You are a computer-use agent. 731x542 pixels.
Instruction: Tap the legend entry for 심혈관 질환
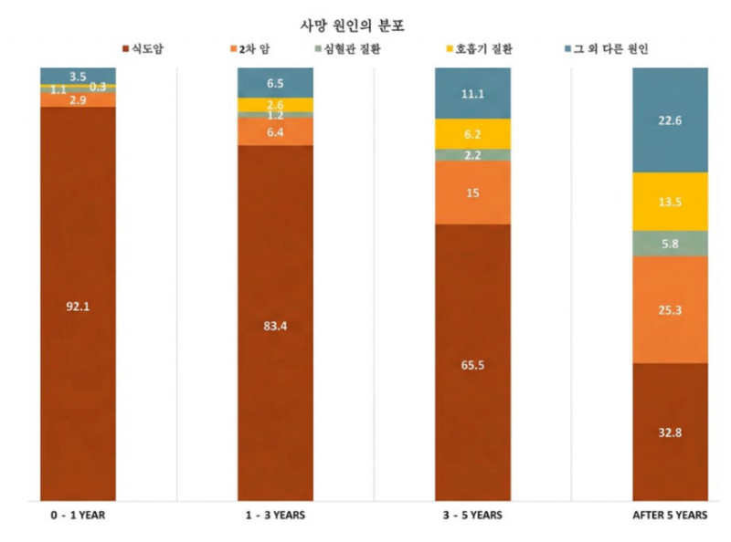tap(348, 47)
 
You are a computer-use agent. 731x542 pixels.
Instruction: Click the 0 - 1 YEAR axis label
tap(79, 516)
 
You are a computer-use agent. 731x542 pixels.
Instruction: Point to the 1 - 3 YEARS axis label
tap(275, 516)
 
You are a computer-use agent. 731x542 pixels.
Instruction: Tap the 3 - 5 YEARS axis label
tap(471, 516)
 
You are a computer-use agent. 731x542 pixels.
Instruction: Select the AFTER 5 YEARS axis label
tap(670, 516)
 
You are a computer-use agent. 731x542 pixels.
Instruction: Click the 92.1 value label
tap(78, 307)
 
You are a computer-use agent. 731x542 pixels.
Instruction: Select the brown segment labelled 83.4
tap(275, 326)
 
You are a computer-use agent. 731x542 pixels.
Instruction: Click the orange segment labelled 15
tap(471, 193)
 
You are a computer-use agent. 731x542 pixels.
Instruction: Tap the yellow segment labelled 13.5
tap(670, 202)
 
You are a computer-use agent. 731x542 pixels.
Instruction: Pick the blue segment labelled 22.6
tap(670, 120)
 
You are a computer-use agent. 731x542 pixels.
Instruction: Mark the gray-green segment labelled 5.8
tap(670, 244)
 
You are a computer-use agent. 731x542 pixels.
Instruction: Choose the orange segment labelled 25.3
tap(670, 309)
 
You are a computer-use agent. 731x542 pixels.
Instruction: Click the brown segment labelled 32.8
tap(670, 433)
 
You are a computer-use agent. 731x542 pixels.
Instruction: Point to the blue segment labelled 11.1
tap(471, 93)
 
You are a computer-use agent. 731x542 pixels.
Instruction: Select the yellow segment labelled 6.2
tap(471, 134)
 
